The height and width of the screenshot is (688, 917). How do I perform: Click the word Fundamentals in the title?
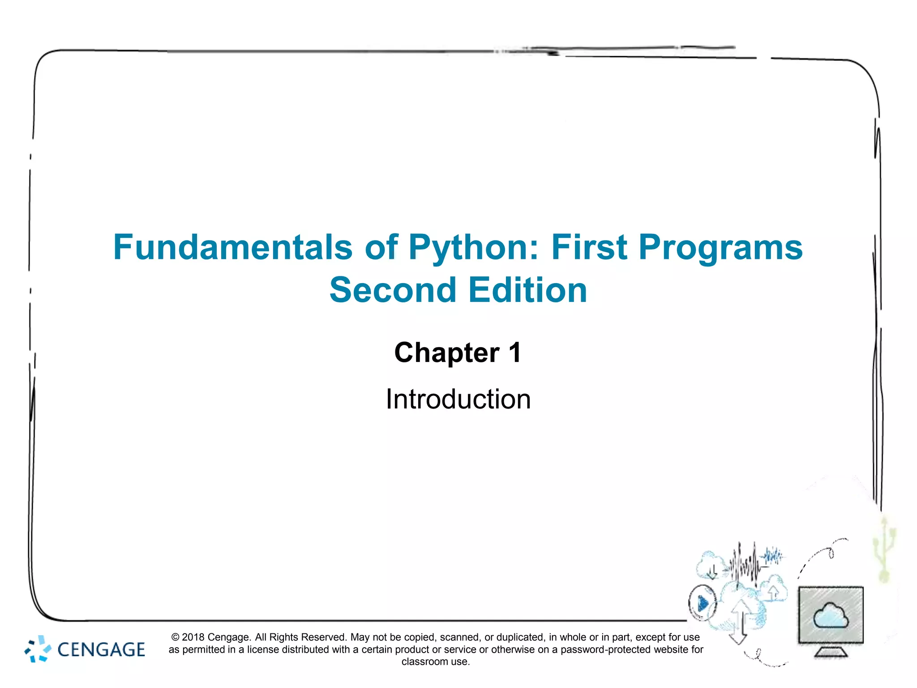click(232, 247)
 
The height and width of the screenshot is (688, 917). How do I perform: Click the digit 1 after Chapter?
click(514, 353)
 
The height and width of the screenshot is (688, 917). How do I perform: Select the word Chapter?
click(446, 353)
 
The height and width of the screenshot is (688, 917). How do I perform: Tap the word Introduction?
click(458, 399)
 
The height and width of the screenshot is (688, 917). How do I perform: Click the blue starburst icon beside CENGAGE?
click(38, 649)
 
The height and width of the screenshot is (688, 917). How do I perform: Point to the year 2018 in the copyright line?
click(193, 637)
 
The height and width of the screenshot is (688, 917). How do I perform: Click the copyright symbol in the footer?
click(176, 637)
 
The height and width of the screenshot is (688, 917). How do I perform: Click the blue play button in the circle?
click(703, 604)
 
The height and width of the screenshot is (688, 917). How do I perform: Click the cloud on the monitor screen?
click(831, 616)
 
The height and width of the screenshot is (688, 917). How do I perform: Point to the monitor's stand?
click(831, 652)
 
